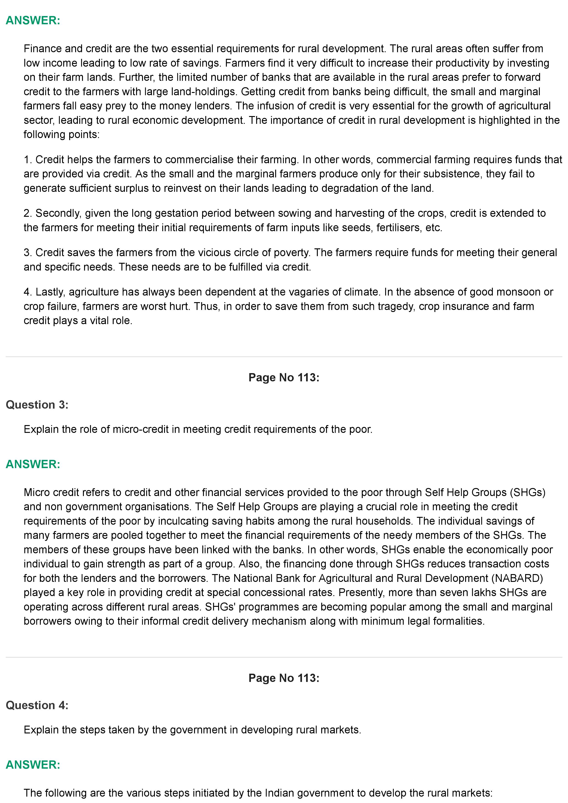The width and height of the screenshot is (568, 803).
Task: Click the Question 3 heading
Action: (x=37, y=405)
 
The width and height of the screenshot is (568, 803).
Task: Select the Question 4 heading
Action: (x=37, y=705)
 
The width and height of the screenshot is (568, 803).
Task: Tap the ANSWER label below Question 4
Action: (x=33, y=765)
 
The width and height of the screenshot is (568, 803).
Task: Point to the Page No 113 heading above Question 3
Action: (x=284, y=377)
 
